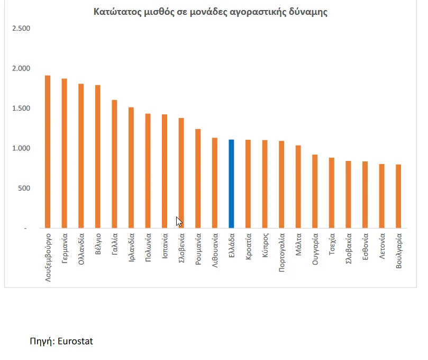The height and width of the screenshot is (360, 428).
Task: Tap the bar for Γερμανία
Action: (64, 154)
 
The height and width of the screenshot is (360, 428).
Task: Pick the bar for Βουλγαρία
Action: (398, 196)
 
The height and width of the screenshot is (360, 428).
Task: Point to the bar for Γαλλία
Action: (114, 164)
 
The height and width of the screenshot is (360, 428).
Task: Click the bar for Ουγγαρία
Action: (315, 191)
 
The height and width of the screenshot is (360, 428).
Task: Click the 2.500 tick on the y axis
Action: (21, 29)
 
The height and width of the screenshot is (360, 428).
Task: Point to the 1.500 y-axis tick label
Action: (21, 109)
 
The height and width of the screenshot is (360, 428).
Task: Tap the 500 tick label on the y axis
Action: (24, 188)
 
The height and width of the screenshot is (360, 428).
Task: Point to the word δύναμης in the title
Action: (308, 12)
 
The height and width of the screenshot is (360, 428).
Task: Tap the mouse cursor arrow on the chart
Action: (178, 221)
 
